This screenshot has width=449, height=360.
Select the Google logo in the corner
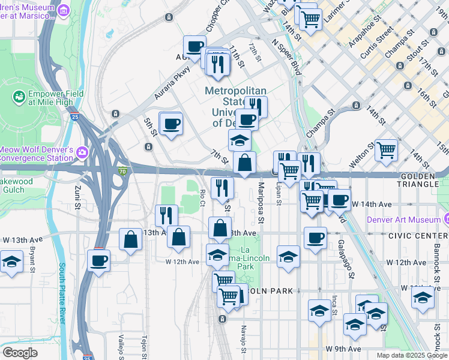pyautogui.click(x=20, y=353)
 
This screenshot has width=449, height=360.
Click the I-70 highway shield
pyautogui.click(x=122, y=172)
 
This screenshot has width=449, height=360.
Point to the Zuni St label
pyautogui.click(x=78, y=197)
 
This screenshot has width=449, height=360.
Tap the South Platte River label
pyautogui.click(x=62, y=293)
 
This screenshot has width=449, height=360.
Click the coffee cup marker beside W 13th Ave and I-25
pyautogui.click(x=99, y=260)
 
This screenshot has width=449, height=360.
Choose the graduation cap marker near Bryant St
pyautogui.click(x=11, y=262)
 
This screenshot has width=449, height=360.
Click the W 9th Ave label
pyautogui.click(x=343, y=349)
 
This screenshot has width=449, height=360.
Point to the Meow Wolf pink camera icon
pyautogui.click(x=81, y=151)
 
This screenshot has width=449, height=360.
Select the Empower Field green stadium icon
pyautogui.click(x=19, y=96)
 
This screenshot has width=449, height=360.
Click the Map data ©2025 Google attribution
pyautogui.click(x=412, y=355)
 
